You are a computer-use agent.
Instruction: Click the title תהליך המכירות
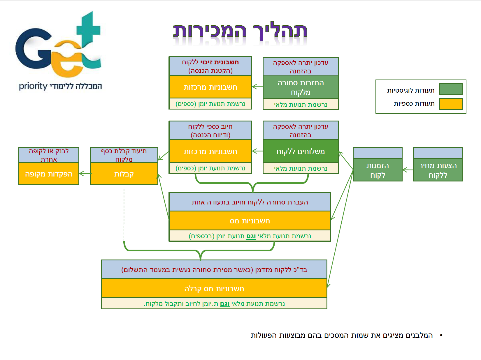(240, 31)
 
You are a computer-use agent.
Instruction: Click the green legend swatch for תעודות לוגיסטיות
(451, 89)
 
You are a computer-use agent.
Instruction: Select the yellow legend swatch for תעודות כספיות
(451, 104)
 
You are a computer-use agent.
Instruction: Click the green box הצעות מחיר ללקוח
(438, 170)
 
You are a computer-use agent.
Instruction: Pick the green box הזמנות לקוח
(378, 170)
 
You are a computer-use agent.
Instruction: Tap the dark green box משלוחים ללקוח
(301, 151)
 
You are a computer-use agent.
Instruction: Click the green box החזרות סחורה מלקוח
(301, 87)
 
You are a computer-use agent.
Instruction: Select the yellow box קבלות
(124, 174)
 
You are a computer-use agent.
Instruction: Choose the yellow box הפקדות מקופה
(49, 174)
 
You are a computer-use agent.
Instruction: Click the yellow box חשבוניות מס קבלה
(214, 288)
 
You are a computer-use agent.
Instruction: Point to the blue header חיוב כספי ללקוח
(210, 130)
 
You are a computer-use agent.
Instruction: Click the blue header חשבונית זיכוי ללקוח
(210, 66)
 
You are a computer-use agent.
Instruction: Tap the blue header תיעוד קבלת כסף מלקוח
(124, 155)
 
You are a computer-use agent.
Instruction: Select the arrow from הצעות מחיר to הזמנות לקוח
(407, 170)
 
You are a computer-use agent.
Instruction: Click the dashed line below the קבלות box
(124, 216)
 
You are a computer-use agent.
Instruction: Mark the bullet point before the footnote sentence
(441, 336)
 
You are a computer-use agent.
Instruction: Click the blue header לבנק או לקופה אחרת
(49, 155)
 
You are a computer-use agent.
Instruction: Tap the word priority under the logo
(33, 86)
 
